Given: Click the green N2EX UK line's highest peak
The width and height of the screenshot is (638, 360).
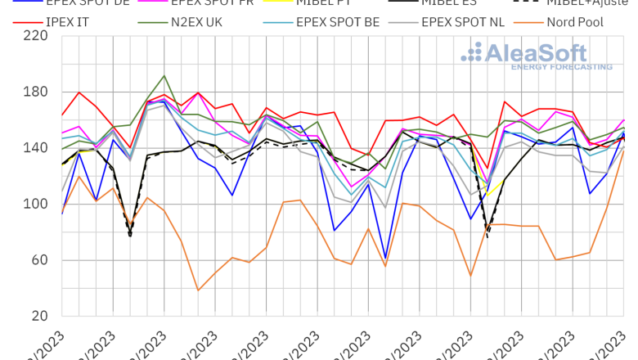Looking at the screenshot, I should [x=164, y=75].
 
